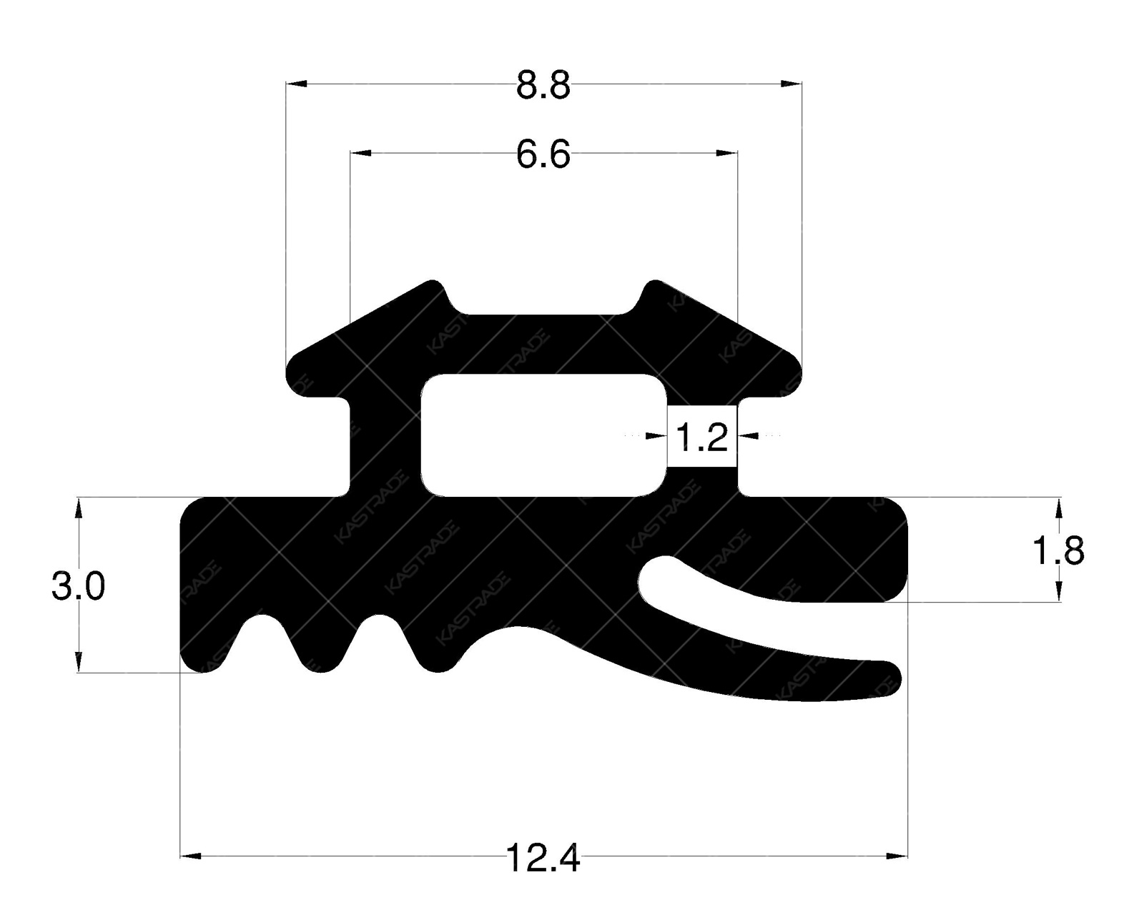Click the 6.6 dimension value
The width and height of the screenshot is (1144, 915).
[543, 155]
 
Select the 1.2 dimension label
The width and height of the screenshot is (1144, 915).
[701, 437]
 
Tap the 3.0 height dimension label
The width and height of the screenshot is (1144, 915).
[78, 588]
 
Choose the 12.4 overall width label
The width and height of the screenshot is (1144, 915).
[543, 859]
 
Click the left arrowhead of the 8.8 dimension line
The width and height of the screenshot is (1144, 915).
[296, 84]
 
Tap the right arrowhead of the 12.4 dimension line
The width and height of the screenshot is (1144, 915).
[897, 855]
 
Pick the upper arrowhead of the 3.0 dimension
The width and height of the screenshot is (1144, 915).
[79, 507]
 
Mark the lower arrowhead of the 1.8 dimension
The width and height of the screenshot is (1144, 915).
[1059, 592]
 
